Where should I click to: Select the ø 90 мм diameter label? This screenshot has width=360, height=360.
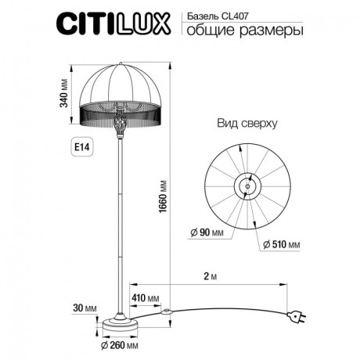pyautogui.click(x=207, y=233)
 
